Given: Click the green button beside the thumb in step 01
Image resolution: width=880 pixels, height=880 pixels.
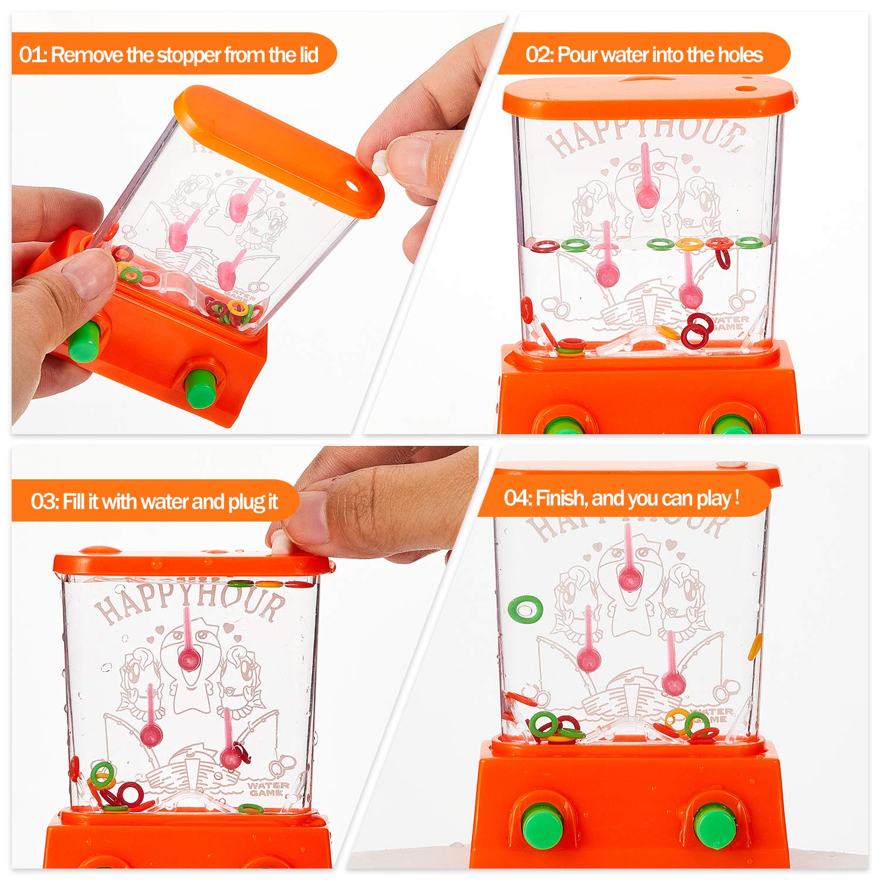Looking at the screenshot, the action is [x=83, y=341].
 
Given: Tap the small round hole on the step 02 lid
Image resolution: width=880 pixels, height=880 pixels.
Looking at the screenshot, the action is [x=745, y=89].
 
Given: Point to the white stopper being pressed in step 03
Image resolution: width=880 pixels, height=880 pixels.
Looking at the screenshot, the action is [x=280, y=543].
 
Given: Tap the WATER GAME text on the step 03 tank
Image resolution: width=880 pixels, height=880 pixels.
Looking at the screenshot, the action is [x=268, y=789].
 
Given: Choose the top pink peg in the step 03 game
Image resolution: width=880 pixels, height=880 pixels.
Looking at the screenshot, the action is [x=189, y=640].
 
